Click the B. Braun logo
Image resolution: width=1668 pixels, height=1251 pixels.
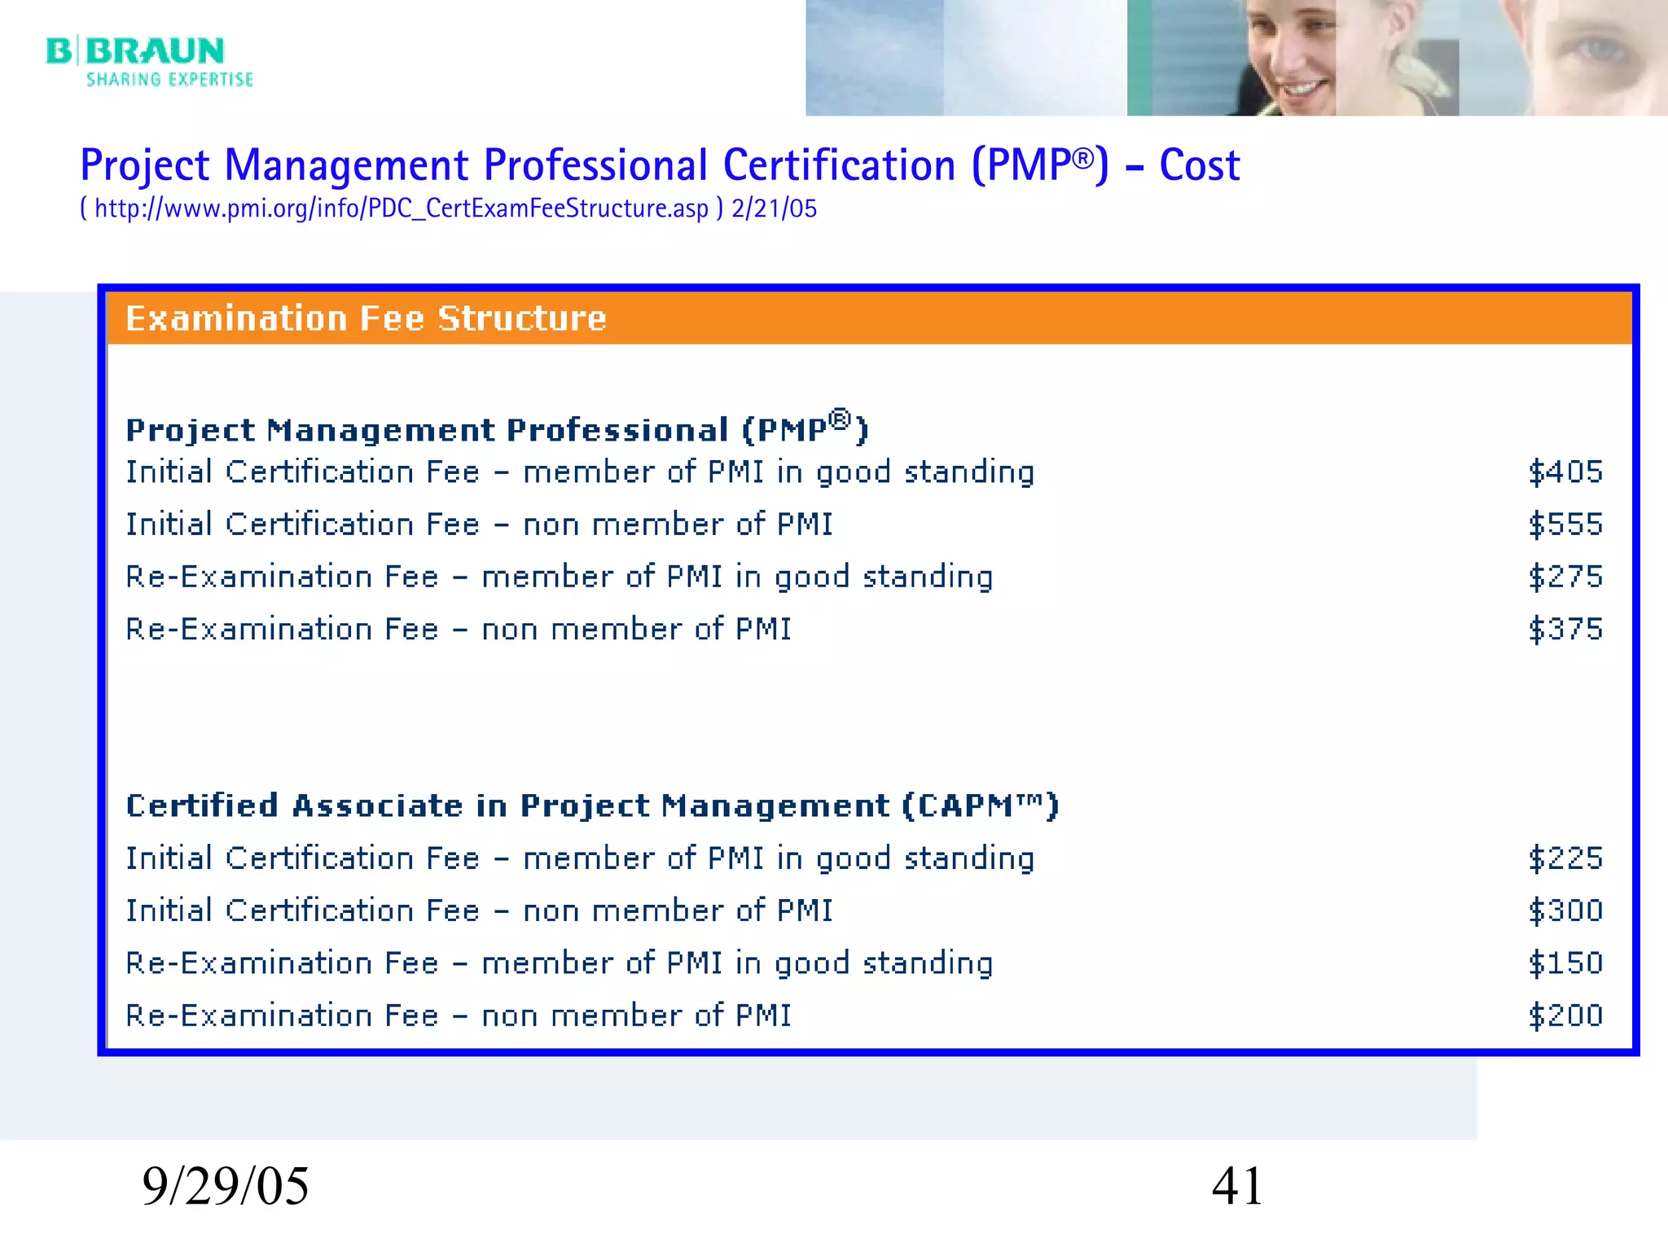pos(135,51)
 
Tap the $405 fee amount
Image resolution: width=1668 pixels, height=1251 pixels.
pos(1565,472)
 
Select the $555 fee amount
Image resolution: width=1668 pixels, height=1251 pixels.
pos(1565,525)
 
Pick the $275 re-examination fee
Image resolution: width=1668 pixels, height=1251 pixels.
pos(1565,577)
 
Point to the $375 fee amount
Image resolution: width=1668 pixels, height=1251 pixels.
pos(1565,630)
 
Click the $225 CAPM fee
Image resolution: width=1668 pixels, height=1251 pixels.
pos(1565,858)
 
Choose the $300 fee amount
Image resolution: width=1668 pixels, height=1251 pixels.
pos(1565,911)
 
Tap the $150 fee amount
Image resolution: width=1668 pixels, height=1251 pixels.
pos(1565,963)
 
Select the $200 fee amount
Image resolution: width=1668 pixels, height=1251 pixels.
pos(1565,1016)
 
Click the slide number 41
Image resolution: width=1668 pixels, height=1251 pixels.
pos(1237,1186)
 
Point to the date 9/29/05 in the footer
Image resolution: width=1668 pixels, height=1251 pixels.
pos(226,1186)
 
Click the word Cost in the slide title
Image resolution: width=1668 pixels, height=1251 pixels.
pos(1199,165)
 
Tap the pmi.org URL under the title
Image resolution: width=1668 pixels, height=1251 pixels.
pos(402,208)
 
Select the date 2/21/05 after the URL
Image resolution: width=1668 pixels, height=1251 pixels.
pos(774,208)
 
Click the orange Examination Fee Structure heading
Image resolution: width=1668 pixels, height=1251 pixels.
pos(367,318)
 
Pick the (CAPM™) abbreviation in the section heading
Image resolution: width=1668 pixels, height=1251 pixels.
pos(980,805)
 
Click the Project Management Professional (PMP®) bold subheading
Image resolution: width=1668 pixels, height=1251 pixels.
pos(497,429)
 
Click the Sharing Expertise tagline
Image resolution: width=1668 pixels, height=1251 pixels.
pos(169,80)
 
